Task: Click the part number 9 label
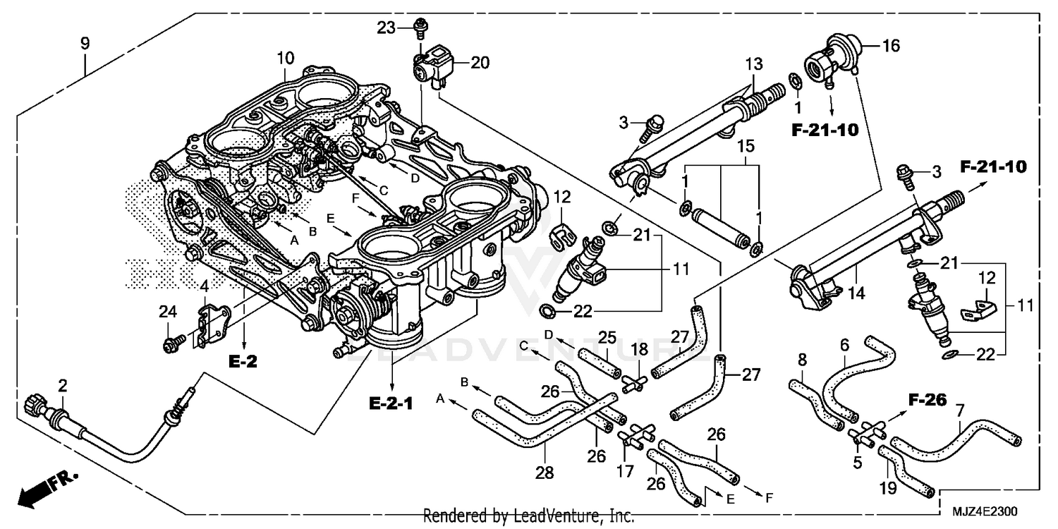coord(85,44)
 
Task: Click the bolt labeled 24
coord(171,345)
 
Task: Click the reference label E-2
coord(243,362)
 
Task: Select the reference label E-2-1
coord(391,403)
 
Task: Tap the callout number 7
coord(959,409)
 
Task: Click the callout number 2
coord(63,385)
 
